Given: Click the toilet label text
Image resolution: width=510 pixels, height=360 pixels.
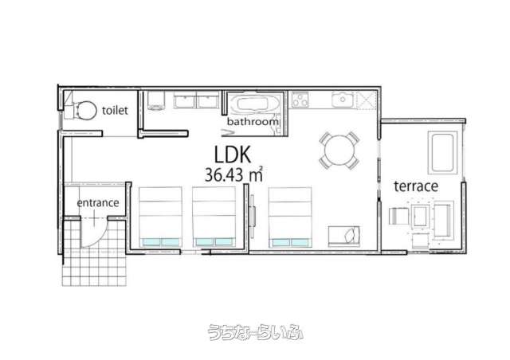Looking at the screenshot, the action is click(115, 110).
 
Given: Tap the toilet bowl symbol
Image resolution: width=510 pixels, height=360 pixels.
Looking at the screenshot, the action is click(85, 110).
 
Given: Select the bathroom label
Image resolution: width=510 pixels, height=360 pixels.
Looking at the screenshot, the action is click(253, 122).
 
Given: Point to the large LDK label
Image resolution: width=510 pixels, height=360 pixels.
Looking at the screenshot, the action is click(233, 155).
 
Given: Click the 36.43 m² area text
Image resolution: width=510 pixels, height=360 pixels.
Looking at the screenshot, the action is click(233, 175).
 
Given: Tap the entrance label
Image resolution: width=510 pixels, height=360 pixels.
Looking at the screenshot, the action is click(98, 203).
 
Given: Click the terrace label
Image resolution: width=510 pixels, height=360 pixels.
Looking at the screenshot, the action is click(416, 186).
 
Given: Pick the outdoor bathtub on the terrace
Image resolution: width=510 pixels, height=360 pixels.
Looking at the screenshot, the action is click(442, 152).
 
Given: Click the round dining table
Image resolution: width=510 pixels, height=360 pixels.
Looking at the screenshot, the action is click(339, 151).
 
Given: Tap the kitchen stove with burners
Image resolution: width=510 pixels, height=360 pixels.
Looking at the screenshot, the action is click(300, 100).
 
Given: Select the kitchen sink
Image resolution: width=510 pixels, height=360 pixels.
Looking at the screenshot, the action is click(343, 100).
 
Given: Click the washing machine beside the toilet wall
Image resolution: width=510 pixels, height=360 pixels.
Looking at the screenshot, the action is click(156, 100).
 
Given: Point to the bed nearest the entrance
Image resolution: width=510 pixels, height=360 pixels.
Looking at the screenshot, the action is click(160, 217).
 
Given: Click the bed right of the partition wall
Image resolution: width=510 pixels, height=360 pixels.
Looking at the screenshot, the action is click(290, 217).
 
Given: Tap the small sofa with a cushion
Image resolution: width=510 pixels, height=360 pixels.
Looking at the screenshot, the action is click(344, 236).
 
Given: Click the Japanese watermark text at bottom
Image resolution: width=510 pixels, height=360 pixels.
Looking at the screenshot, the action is click(255, 332).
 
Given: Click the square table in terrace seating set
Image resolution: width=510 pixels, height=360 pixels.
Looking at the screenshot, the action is click(419, 215).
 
